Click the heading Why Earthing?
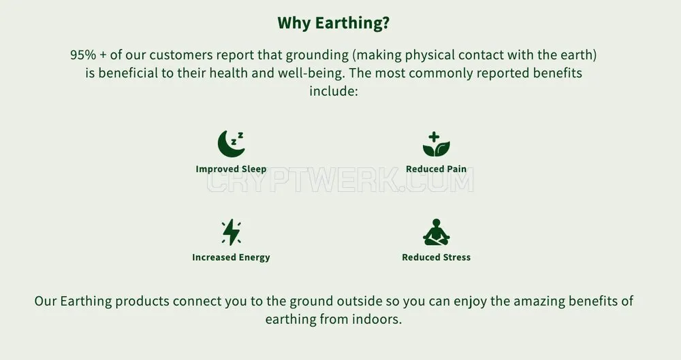pyautogui.click(x=334, y=23)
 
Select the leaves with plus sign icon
pyautogui.click(x=436, y=144)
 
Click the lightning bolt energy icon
pyautogui.click(x=232, y=232)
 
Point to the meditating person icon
pyautogui.click(x=437, y=232)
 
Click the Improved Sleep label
pyautogui.click(x=231, y=169)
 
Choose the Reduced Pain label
pyautogui.click(x=436, y=169)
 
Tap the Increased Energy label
pyautogui.click(x=231, y=257)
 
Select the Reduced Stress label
pyautogui.click(x=436, y=257)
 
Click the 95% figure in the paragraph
pyautogui.click(x=83, y=55)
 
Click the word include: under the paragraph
pyautogui.click(x=334, y=91)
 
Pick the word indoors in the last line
pyautogui.click(x=377, y=319)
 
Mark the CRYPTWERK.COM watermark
pyautogui.click(x=340, y=181)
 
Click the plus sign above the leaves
pyautogui.click(x=434, y=137)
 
